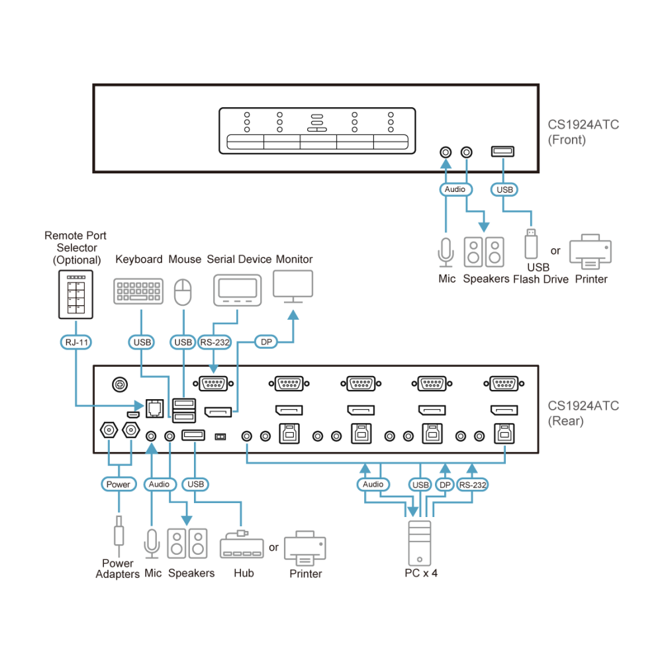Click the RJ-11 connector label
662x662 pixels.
pyautogui.click(x=76, y=342)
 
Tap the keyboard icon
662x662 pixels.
pyautogui.click(x=138, y=291)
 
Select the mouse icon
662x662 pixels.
pyautogui.click(x=183, y=292)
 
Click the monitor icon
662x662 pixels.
pyautogui.click(x=293, y=287)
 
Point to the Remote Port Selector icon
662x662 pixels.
pyautogui.click(x=76, y=295)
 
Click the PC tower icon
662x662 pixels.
pyautogui.click(x=420, y=543)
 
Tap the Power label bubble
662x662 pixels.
pyautogui.click(x=118, y=485)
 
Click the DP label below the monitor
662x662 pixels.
pyautogui.click(x=266, y=342)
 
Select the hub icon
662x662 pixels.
pyautogui.click(x=242, y=545)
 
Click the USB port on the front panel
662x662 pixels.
pyautogui.click(x=502, y=151)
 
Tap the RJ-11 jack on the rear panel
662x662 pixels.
pyautogui.click(x=154, y=408)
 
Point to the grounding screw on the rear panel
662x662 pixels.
pyautogui.click(x=120, y=385)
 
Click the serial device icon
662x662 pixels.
pyautogui.click(x=237, y=291)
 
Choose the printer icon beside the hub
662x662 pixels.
pyautogui.click(x=305, y=548)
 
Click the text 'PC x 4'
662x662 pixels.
pyautogui.click(x=421, y=573)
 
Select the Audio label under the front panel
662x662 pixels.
pyautogui.click(x=455, y=189)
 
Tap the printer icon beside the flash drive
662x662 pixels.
pyautogui.click(x=591, y=252)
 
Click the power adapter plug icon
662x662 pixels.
pyautogui.click(x=119, y=536)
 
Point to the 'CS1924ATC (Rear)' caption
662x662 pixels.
pyautogui.click(x=583, y=413)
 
